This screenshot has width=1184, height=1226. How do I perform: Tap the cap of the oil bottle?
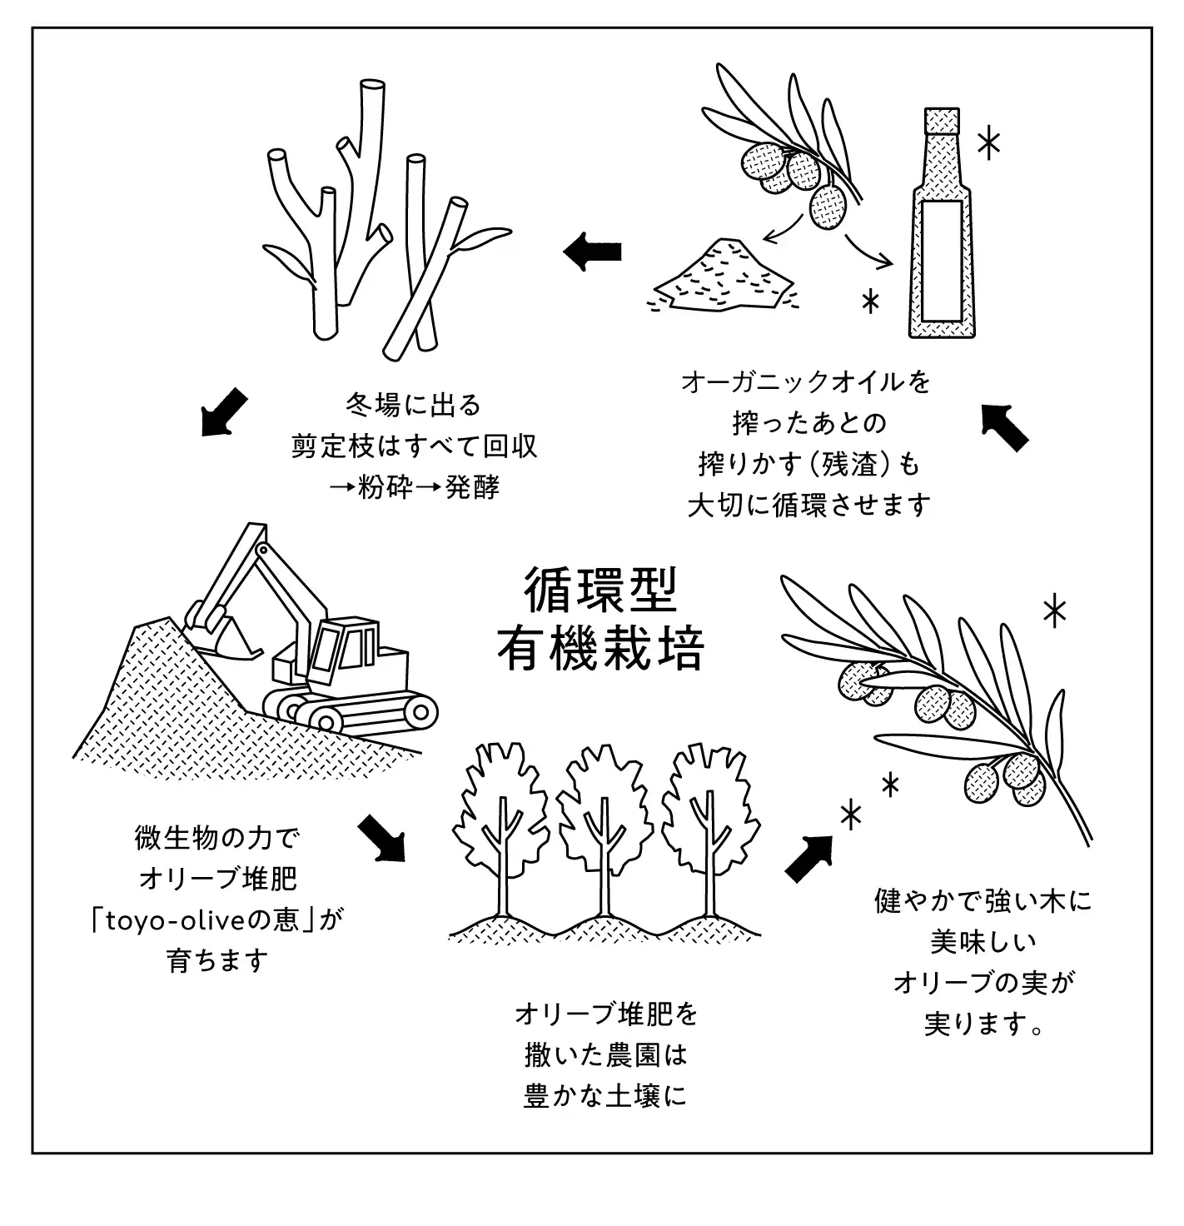943,122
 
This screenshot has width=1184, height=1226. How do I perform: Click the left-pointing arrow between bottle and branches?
593,251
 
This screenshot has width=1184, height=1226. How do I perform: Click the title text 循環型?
601,591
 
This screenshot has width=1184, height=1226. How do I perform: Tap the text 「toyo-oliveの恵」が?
218,919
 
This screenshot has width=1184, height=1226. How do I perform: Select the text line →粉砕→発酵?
414,487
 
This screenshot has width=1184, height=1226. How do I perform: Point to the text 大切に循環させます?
808,505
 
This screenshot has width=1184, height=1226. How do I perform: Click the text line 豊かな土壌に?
605,1095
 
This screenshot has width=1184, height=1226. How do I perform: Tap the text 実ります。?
983,1023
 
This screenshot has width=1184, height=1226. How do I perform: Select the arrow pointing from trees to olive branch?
808,858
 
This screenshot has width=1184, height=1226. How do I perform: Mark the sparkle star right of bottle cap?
987,145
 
